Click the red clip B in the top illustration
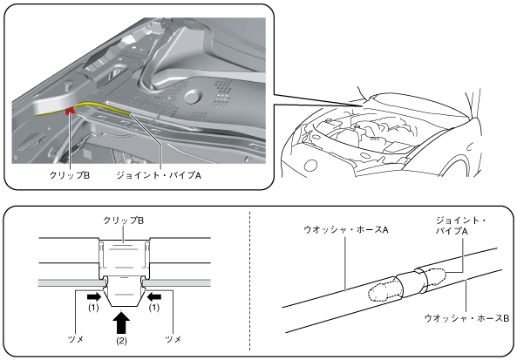[x=71, y=111]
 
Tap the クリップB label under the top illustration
[x=69, y=175]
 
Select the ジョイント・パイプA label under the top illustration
[x=159, y=175]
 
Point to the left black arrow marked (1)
[x=93, y=296]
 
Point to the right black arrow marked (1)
[x=154, y=296]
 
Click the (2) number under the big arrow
[x=121, y=341]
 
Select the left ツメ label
[x=76, y=339]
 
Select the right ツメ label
[x=173, y=339]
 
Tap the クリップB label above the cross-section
[x=123, y=221]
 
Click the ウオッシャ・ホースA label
[x=345, y=229]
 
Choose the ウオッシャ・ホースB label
[x=466, y=318]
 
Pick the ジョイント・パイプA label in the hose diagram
[x=460, y=226]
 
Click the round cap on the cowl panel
[x=194, y=96]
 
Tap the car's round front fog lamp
[x=310, y=165]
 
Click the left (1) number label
[x=93, y=308]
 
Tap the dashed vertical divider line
[x=249, y=281]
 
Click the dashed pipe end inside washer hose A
[x=384, y=291]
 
